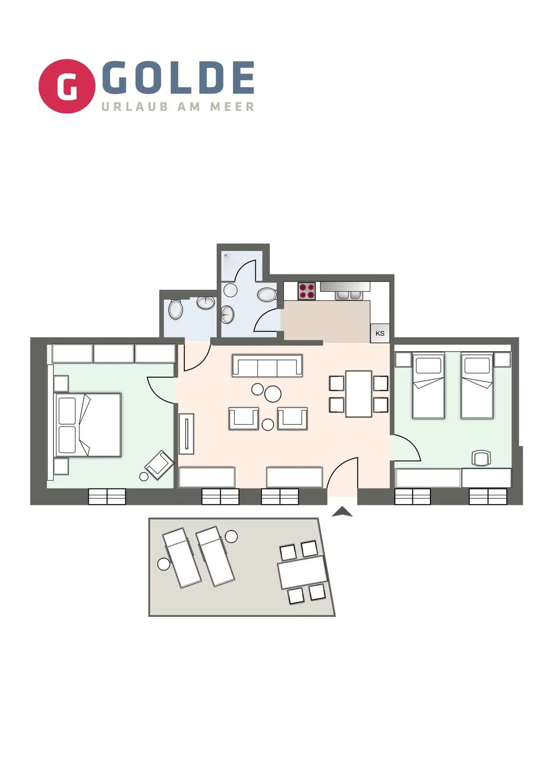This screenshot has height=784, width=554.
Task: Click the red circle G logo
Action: pos(67,86)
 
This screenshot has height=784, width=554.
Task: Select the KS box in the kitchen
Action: pos(380,333)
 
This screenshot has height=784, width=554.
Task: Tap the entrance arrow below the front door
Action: pos(342,512)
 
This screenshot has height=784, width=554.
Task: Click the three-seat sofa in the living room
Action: pos(267,366)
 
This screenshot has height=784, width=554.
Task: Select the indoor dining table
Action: pos(359,394)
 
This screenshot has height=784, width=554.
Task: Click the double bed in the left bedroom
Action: pos(88,425)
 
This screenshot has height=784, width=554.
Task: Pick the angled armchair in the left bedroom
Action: pos(159,465)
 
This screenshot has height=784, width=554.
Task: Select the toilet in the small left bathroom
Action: pos(175,308)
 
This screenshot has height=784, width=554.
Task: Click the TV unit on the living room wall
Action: pos(187,433)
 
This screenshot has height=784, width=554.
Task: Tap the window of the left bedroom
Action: pos(107,497)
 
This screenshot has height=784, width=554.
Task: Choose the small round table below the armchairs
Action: pos(268,425)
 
